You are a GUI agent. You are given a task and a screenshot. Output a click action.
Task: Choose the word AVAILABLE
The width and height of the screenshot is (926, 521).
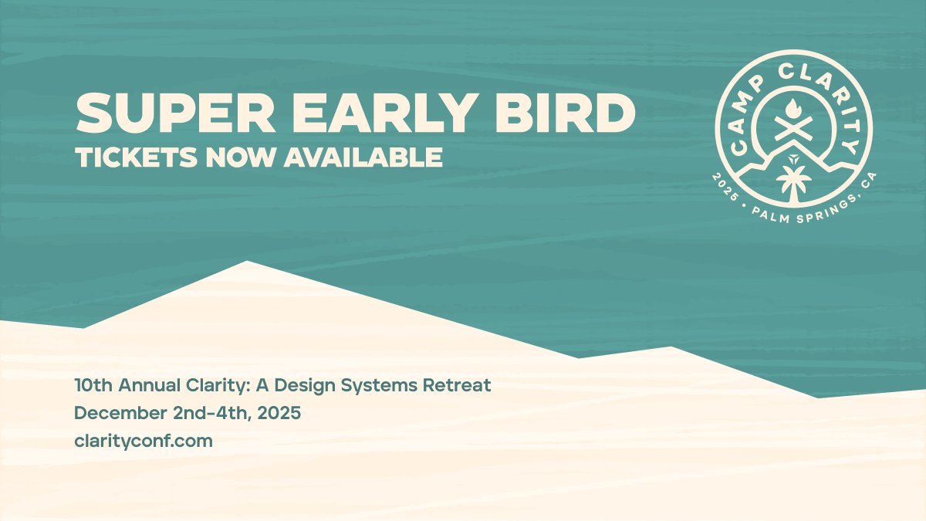(363, 157)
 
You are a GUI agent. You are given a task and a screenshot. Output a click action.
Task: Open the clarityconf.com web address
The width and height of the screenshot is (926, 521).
(143, 441)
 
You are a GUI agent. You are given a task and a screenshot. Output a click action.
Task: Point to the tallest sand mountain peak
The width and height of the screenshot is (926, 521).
(247, 265)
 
